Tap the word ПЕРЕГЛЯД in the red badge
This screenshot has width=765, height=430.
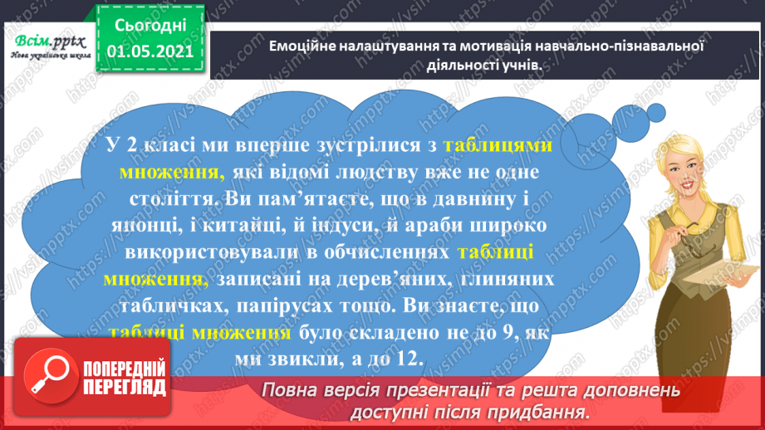tap(122, 387)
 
